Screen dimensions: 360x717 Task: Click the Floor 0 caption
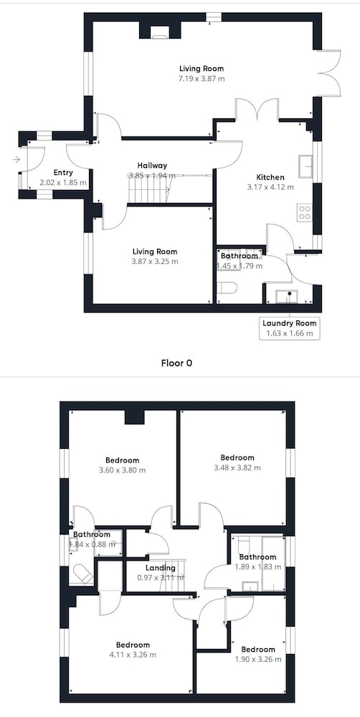pyautogui.click(x=176, y=363)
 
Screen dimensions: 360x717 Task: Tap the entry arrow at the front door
pyautogui.click(x=16, y=160)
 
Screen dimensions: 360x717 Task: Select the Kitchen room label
pyautogui.click(x=270, y=177)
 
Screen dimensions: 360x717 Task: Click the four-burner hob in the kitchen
pyautogui.click(x=305, y=212)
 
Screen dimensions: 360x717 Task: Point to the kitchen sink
pyautogui.click(x=305, y=166)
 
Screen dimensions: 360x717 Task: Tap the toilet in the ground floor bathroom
pyautogui.click(x=227, y=288)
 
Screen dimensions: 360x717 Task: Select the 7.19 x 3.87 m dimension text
pyautogui.click(x=202, y=79)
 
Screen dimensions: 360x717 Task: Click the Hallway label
pyautogui.click(x=152, y=166)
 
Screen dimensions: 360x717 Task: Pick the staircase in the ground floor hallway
pyautogui.click(x=150, y=189)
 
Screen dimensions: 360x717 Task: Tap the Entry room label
pyautogui.click(x=63, y=172)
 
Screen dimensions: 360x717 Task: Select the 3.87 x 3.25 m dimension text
pyautogui.click(x=155, y=262)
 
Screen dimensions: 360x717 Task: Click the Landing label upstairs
pyautogui.click(x=164, y=568)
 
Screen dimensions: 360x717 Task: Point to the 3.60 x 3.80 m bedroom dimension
pyautogui.click(x=122, y=470)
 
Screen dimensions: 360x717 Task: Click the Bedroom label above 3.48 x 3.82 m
pyautogui.click(x=237, y=457)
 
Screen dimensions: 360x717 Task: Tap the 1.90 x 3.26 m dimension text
pyautogui.click(x=258, y=659)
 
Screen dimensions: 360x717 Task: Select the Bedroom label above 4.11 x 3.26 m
pyautogui.click(x=133, y=645)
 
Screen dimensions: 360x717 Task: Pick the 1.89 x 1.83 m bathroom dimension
pyautogui.click(x=257, y=566)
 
